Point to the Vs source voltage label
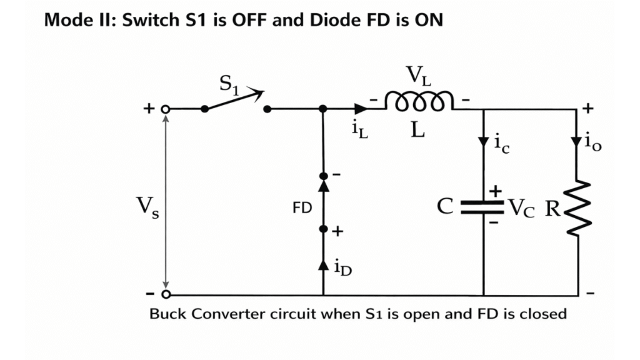tap(147, 206)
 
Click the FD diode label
tap(302, 207)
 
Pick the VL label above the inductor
tap(419, 76)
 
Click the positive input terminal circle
tap(166, 109)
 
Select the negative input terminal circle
tap(166, 294)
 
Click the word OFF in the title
tap(234, 20)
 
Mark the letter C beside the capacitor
tap(444, 207)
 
